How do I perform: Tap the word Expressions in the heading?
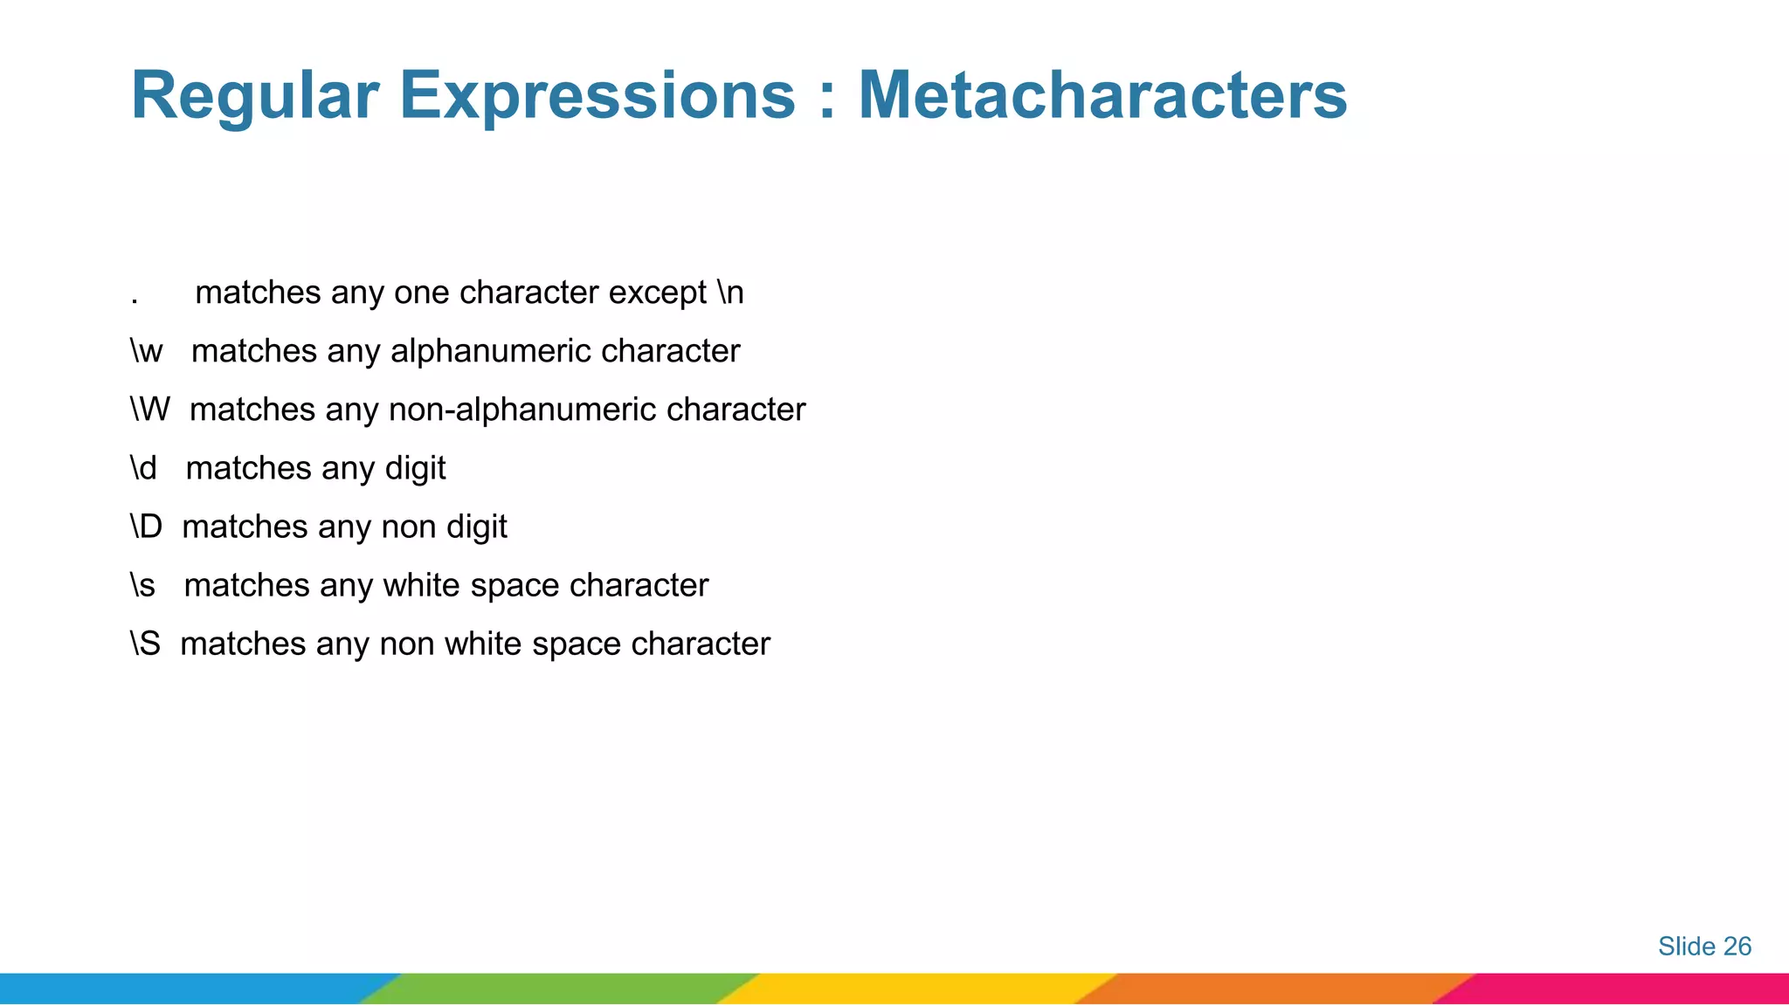point(597,96)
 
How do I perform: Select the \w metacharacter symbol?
point(147,351)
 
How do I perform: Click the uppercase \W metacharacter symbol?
point(149,410)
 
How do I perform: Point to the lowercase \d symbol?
point(143,468)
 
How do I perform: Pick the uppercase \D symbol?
point(146,527)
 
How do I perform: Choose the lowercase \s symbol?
point(142,585)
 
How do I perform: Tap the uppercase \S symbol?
point(145,644)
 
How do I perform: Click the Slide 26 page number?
point(1704,946)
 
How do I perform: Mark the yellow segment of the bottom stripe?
point(917,989)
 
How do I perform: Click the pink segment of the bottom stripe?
point(1625,989)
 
